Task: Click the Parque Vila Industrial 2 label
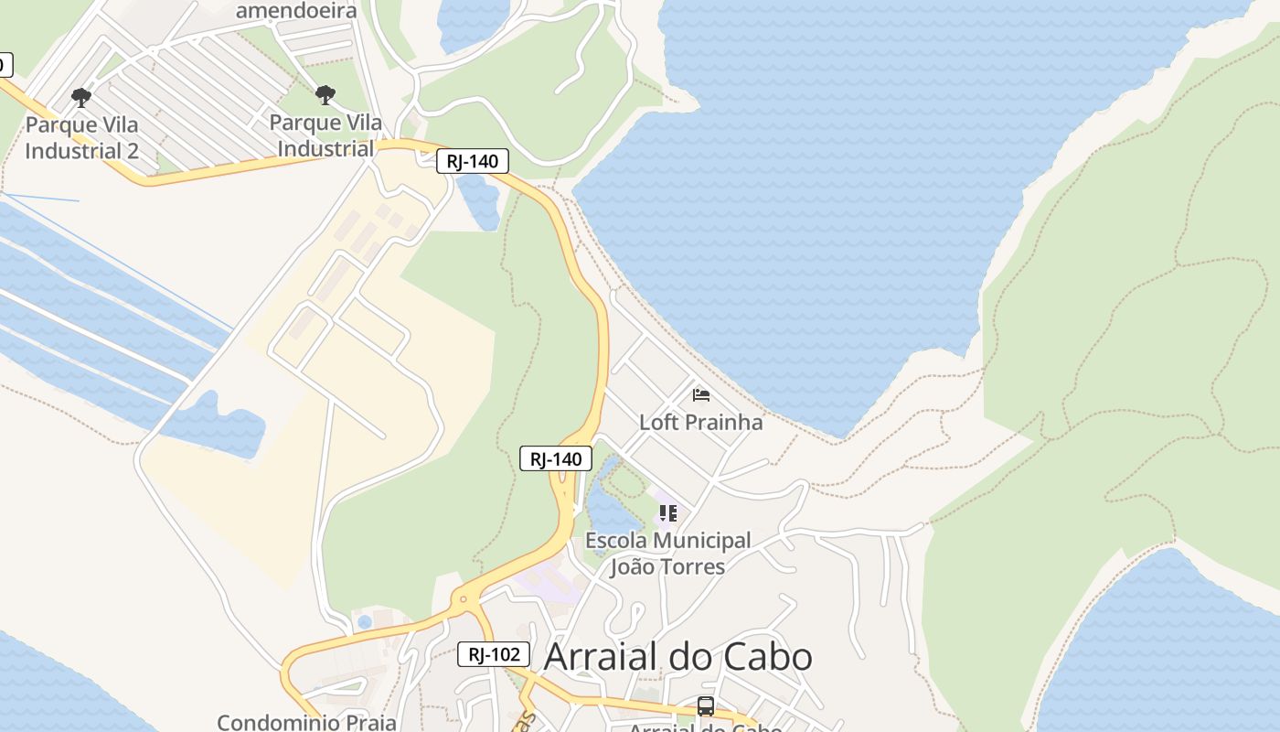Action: point(81,137)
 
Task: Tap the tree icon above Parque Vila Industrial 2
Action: point(81,96)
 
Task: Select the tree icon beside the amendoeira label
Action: point(325,94)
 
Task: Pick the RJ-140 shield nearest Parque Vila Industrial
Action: point(472,162)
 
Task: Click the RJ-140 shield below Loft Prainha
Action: point(556,458)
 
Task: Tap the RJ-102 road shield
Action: point(494,654)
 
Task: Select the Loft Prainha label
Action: point(700,422)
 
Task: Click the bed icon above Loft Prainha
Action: point(701,394)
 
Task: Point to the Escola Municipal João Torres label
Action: point(667,554)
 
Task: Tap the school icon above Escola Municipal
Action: point(668,513)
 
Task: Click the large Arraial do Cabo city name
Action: point(677,657)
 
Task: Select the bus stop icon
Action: point(705,705)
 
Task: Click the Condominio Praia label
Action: point(306,722)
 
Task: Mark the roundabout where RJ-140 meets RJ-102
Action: point(464,600)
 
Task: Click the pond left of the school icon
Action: point(609,508)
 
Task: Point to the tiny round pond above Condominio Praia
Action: point(365,622)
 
